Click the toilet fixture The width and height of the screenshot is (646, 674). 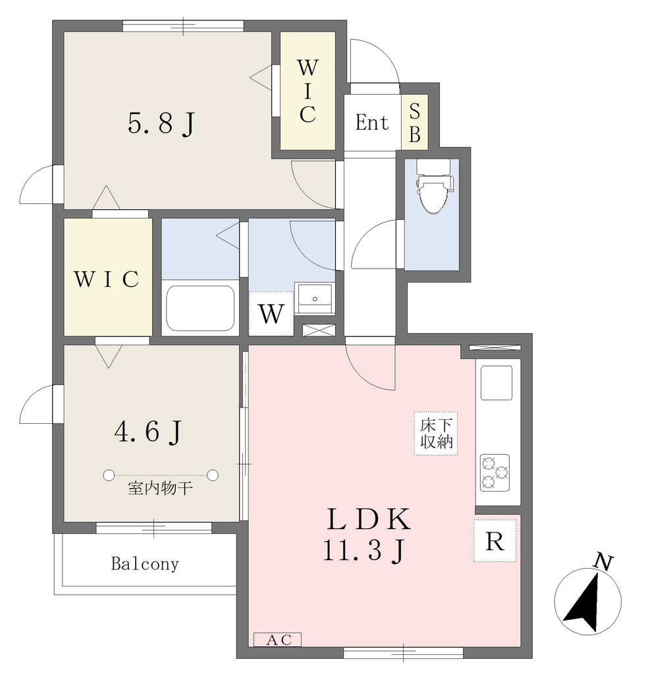pyautogui.click(x=434, y=186)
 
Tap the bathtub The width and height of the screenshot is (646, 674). pyautogui.click(x=200, y=308)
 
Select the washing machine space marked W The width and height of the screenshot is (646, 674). pyautogui.click(x=271, y=313)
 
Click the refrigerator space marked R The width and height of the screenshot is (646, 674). pyautogui.click(x=495, y=540)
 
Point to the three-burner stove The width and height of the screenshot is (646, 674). pyautogui.click(x=495, y=473)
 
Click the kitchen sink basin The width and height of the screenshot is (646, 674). pyautogui.click(x=497, y=382)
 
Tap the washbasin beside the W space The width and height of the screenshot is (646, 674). pyautogui.click(x=315, y=298)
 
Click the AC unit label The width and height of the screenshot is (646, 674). pyautogui.click(x=277, y=640)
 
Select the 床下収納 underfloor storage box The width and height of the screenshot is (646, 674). pyautogui.click(x=436, y=433)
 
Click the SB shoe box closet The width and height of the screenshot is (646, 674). pyautogui.click(x=415, y=122)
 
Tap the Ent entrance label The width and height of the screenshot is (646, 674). pyautogui.click(x=372, y=122)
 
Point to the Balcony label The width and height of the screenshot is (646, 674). pyautogui.click(x=145, y=563)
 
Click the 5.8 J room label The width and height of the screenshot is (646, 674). pyautogui.click(x=161, y=123)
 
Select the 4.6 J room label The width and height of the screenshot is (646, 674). pyautogui.click(x=148, y=432)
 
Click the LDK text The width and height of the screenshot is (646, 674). pyautogui.click(x=369, y=519)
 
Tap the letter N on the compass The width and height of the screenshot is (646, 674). pyautogui.click(x=603, y=562)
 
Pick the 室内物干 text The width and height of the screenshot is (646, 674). pyautogui.click(x=160, y=488)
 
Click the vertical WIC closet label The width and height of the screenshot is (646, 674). pyautogui.click(x=308, y=91)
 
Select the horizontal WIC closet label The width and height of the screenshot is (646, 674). pyautogui.click(x=107, y=279)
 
